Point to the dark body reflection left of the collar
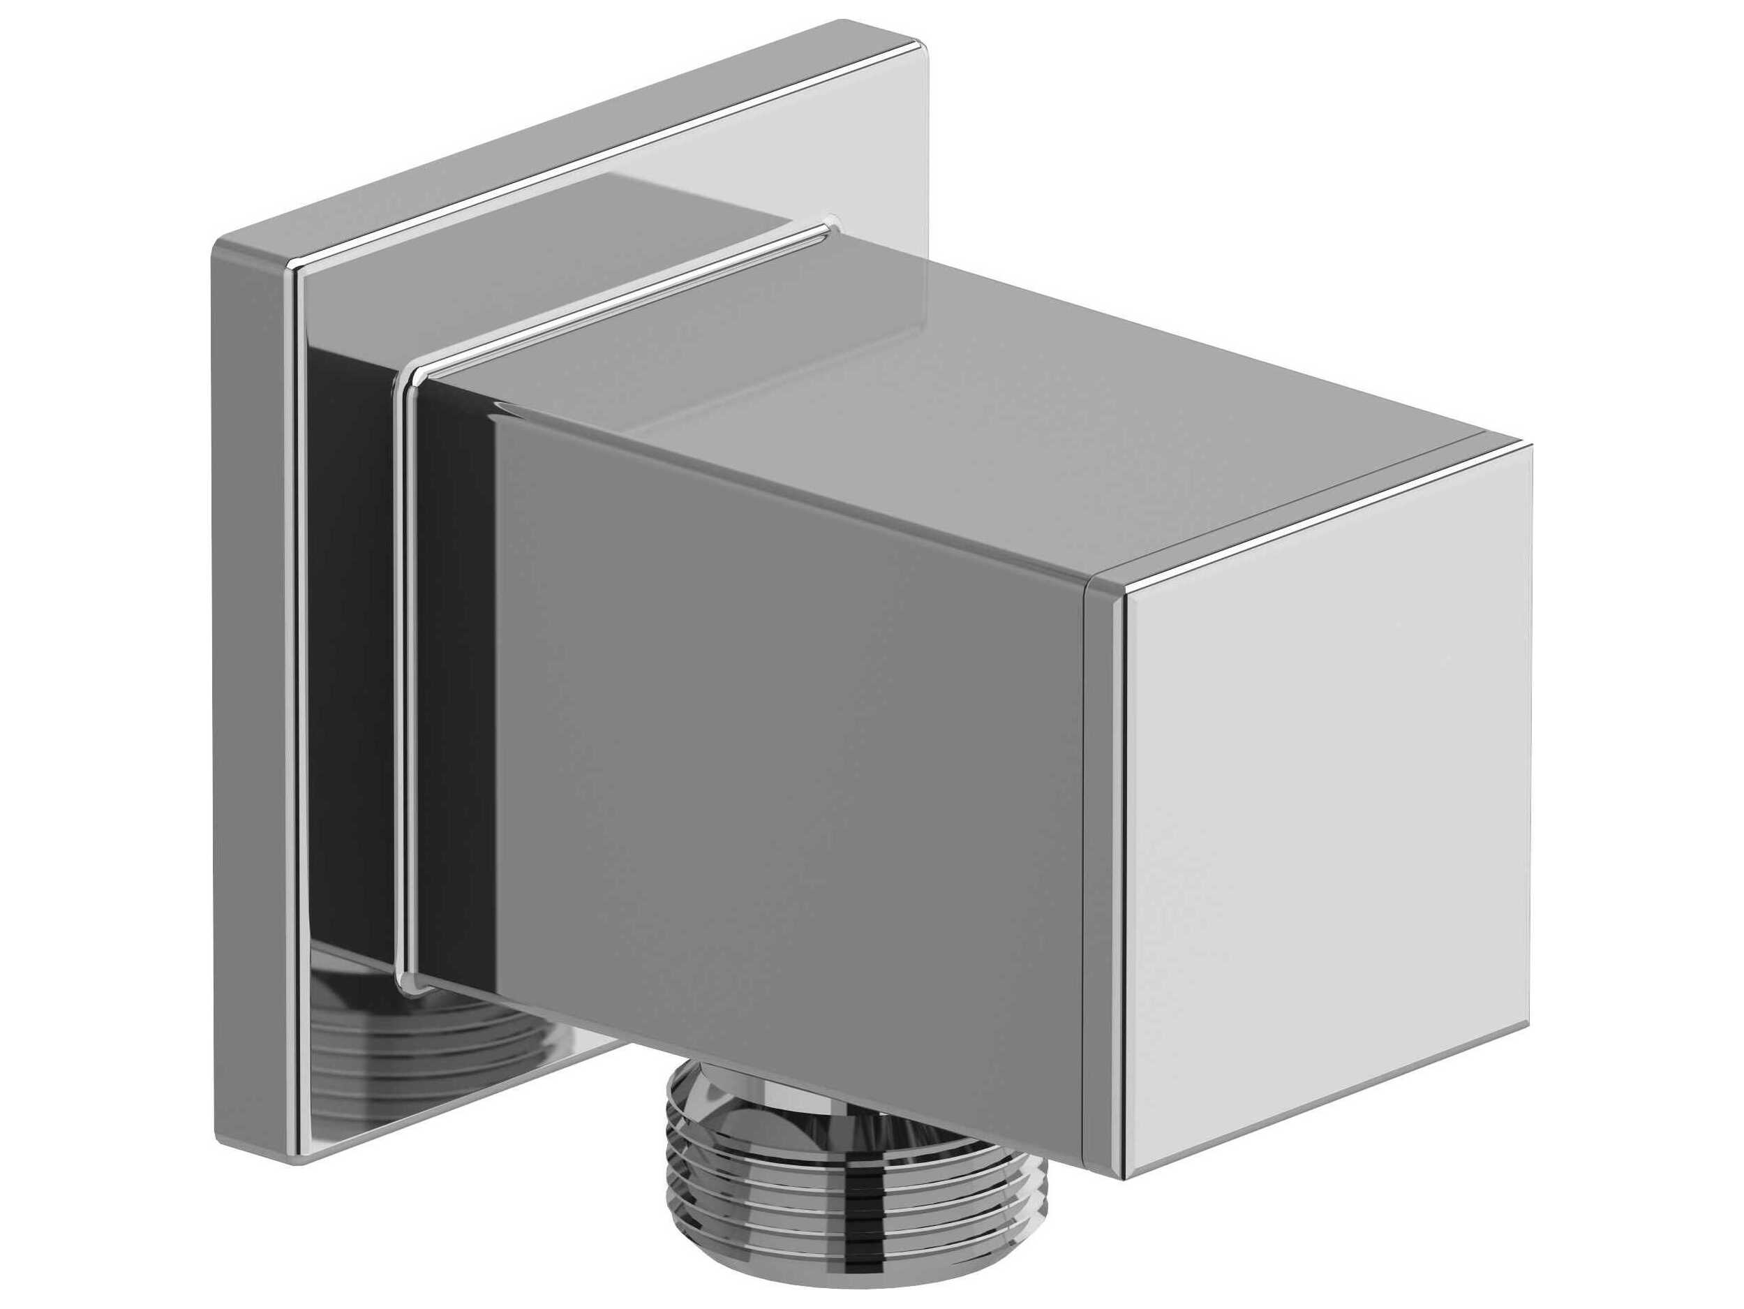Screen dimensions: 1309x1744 tap(355, 670)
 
